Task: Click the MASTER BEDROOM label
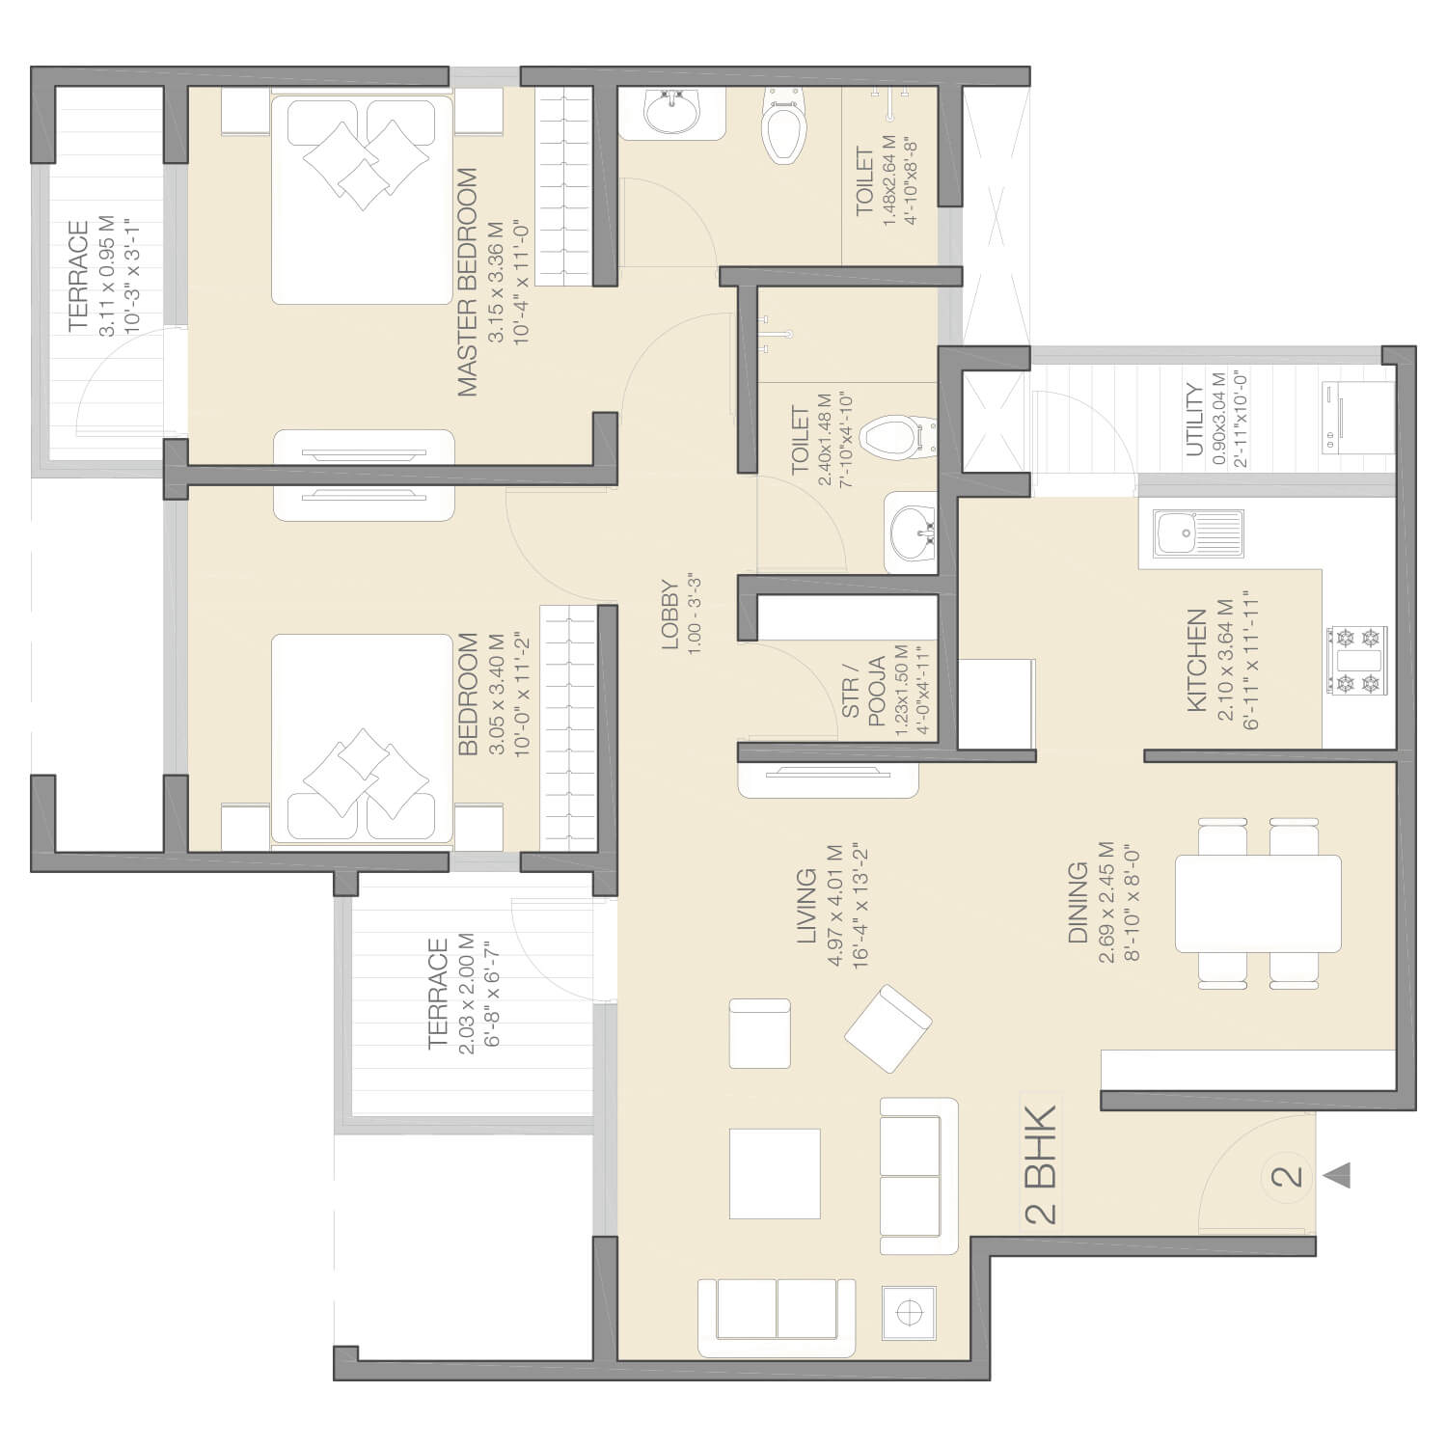[467, 283]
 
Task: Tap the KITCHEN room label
[1197, 661]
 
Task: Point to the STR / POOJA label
[863, 691]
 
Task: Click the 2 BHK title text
[1041, 1165]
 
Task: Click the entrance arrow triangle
[1337, 1176]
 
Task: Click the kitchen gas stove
[1356, 661]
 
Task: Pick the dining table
[1258, 903]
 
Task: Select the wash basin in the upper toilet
[671, 112]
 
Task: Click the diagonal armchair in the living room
[888, 1029]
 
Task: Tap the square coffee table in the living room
[775, 1173]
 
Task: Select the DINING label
[1078, 902]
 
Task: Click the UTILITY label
[1194, 419]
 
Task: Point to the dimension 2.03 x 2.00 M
[467, 993]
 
